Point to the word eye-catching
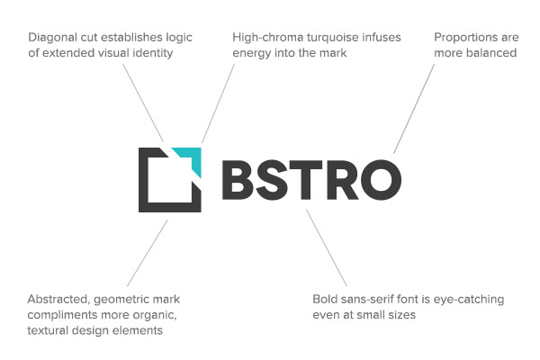[x=471, y=299]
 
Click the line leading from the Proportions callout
[x=414, y=108]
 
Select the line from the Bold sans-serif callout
[x=326, y=247]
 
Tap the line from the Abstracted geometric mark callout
[x=148, y=253]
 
